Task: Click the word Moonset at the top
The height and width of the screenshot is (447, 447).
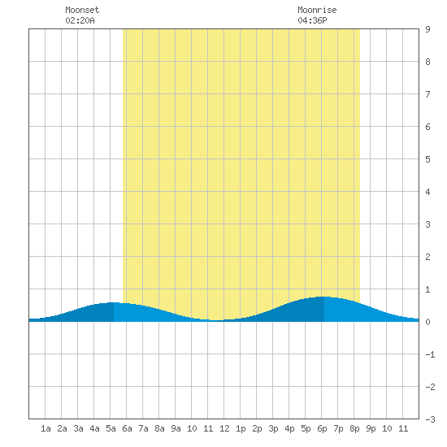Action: tap(82, 10)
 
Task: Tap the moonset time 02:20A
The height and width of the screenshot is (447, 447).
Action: tap(80, 20)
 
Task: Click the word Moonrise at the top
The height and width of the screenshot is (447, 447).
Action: tap(317, 10)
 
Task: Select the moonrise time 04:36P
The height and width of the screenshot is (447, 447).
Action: tap(312, 20)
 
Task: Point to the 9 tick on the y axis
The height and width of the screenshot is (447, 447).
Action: tap(427, 29)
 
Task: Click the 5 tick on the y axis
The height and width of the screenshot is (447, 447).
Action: tap(427, 159)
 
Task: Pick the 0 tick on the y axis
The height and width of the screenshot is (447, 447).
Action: tap(427, 322)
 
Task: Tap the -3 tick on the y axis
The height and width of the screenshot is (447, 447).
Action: tap(430, 419)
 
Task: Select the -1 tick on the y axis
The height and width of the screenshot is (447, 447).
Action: tap(430, 354)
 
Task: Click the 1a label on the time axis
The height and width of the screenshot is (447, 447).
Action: tap(46, 428)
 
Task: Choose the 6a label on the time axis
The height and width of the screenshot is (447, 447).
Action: tap(127, 428)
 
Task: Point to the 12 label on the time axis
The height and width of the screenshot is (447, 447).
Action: tap(224, 428)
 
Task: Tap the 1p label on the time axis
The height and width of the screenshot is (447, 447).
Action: tap(241, 428)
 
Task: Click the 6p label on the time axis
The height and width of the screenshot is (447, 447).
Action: tap(322, 428)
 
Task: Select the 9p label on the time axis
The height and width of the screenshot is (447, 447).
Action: tap(371, 428)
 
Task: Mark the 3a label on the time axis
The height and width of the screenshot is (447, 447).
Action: tap(78, 428)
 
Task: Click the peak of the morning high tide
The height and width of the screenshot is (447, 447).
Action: tap(114, 302)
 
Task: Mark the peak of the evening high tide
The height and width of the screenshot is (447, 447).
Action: tap(324, 297)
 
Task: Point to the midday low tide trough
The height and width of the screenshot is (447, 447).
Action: tap(217, 320)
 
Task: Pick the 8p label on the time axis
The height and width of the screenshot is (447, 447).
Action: tap(354, 428)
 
